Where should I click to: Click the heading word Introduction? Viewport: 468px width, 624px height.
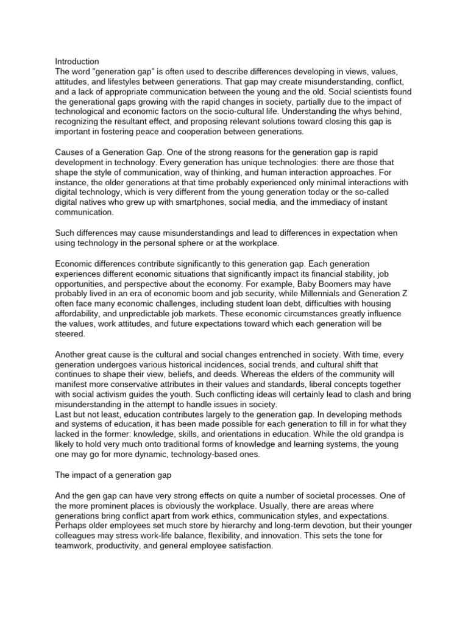[x=77, y=62]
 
